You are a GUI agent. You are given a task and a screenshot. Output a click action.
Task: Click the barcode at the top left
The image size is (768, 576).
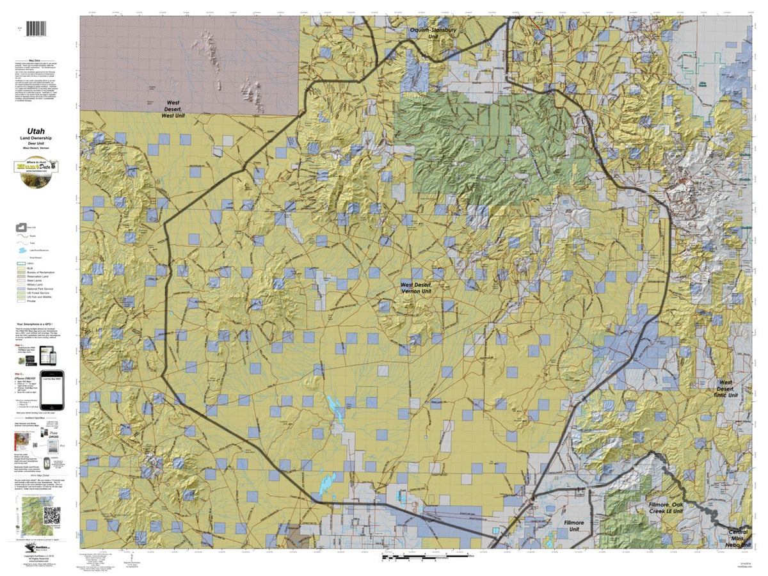click(x=37, y=29)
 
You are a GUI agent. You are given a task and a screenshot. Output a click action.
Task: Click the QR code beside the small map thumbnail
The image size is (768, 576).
click(x=52, y=515)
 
